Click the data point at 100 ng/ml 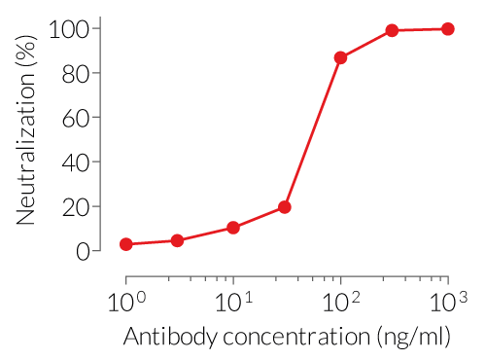[x=340, y=58]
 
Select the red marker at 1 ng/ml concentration [x=125, y=244]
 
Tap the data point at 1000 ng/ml [x=447, y=29]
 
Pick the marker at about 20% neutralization [x=285, y=207]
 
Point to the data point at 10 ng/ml [x=233, y=228]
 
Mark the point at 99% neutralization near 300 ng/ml [x=392, y=31]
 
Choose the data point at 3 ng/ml [x=177, y=240]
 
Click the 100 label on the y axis [x=71, y=29]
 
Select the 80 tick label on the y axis [x=78, y=74]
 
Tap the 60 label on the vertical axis [x=78, y=119]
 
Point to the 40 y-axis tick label [x=78, y=162]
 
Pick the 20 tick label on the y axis [x=78, y=207]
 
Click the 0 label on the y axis [x=84, y=251]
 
